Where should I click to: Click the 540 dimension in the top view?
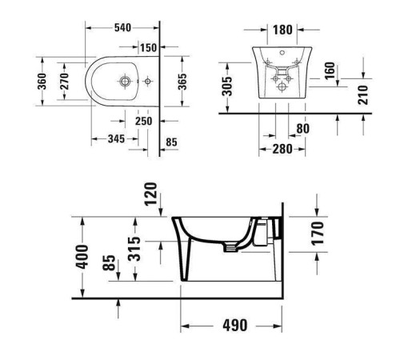122,27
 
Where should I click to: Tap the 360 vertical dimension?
42,82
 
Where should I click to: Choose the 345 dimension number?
115,139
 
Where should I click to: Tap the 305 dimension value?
227,85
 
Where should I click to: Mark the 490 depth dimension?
234,326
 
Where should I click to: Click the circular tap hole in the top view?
126,82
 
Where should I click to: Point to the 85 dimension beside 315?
108,266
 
